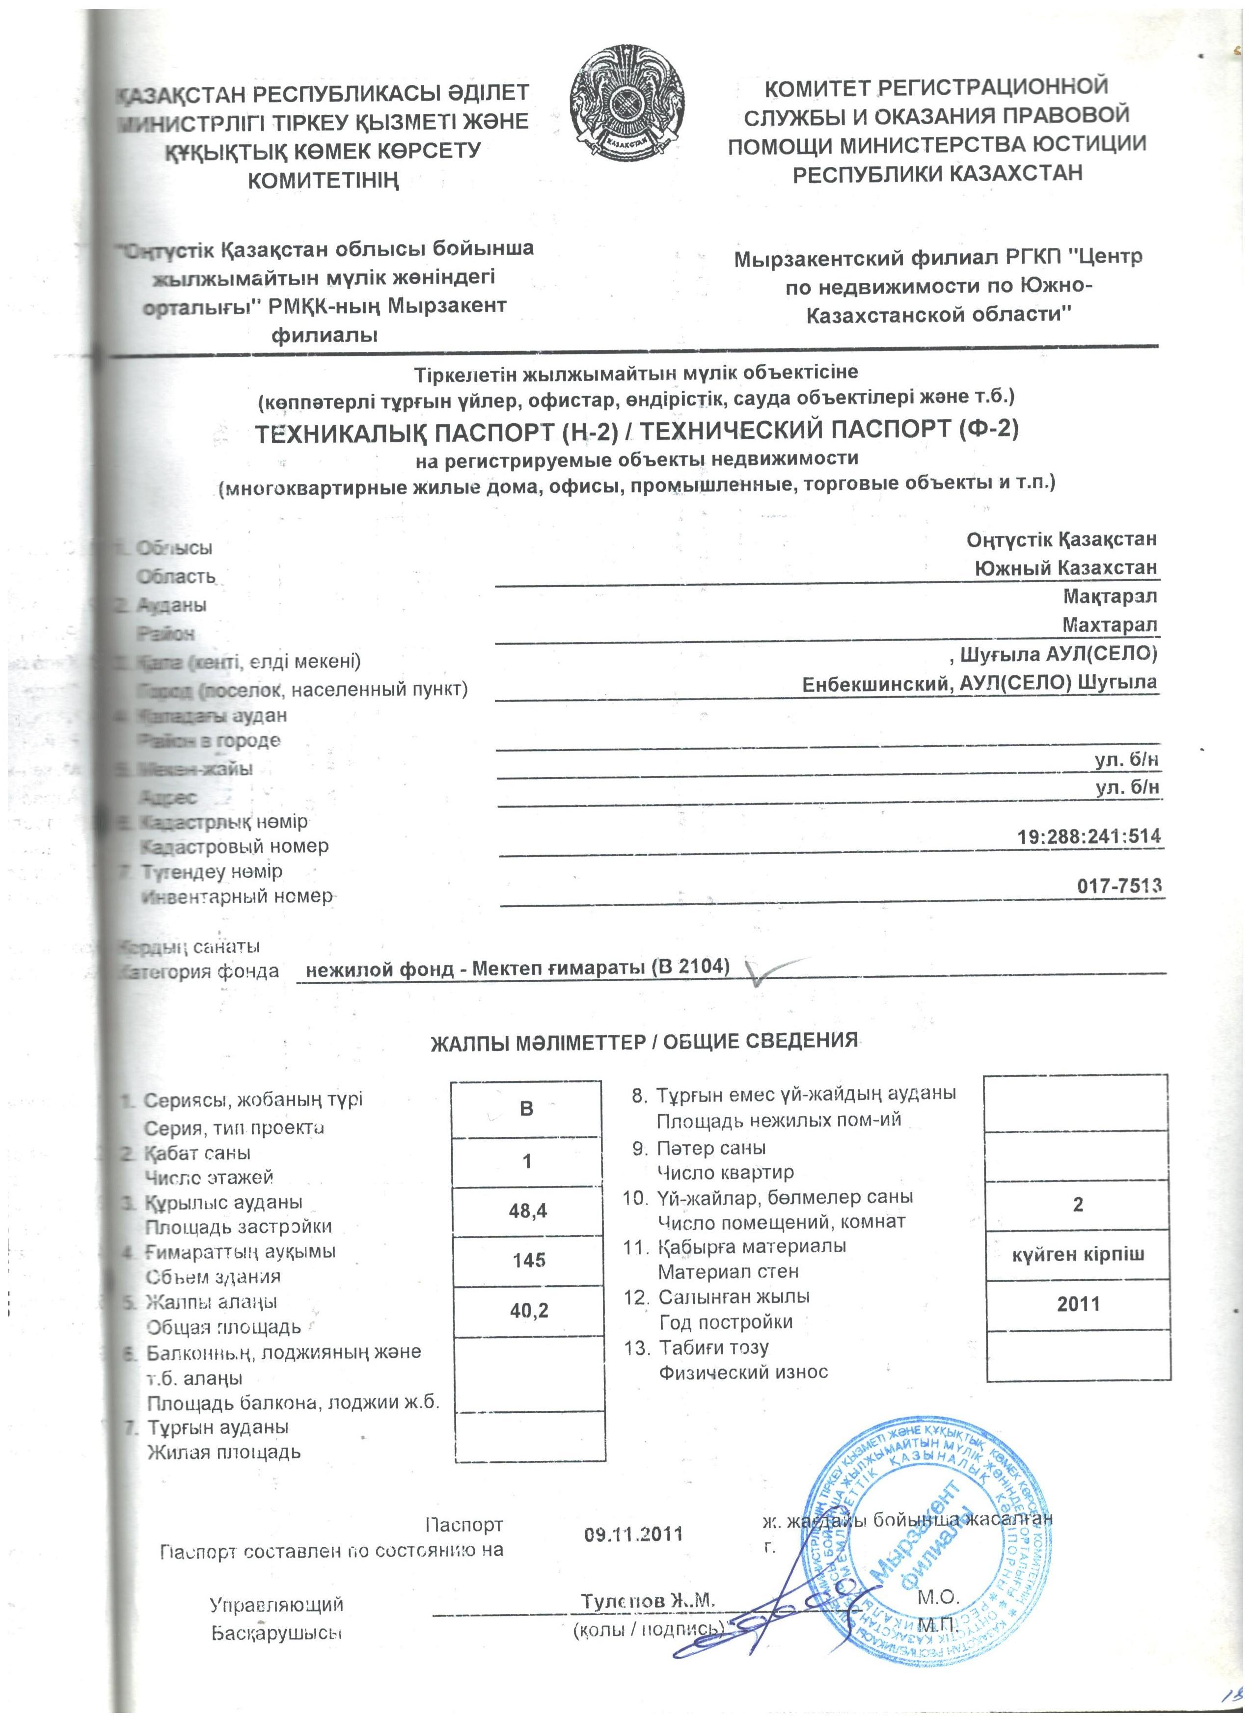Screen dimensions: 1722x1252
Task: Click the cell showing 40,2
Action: pos(529,1311)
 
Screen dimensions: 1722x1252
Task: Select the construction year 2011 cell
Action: pos(1078,1304)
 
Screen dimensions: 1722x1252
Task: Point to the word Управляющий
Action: pos(276,1604)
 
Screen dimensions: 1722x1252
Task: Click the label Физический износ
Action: pos(742,1372)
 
